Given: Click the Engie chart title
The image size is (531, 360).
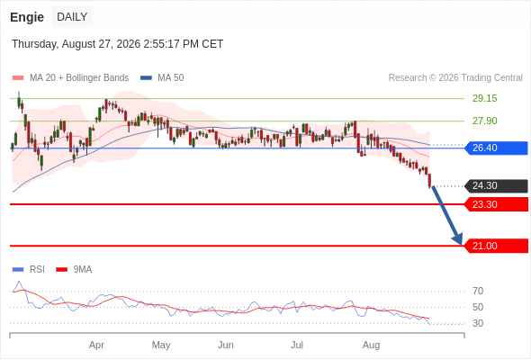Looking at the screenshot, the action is (x=27, y=17).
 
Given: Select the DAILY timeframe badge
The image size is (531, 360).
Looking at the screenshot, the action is (x=72, y=17).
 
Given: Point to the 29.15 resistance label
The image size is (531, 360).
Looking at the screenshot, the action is (x=484, y=99).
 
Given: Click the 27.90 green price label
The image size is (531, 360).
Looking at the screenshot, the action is (x=484, y=121).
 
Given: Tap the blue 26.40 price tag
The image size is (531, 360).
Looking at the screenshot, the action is (x=496, y=148).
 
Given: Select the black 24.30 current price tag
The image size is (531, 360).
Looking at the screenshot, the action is (x=496, y=186).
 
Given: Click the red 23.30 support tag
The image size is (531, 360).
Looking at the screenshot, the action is (x=496, y=204).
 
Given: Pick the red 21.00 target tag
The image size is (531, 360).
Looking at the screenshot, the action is (x=496, y=246).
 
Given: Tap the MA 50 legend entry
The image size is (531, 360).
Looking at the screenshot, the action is (x=162, y=78).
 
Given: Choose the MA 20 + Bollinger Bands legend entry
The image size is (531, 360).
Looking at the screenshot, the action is (x=70, y=78).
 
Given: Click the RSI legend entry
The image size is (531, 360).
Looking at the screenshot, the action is (x=29, y=270).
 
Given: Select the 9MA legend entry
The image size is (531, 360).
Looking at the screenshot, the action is (x=74, y=270).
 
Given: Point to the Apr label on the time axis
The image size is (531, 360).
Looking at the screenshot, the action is (x=96, y=345).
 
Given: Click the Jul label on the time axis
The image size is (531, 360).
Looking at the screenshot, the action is (x=297, y=345).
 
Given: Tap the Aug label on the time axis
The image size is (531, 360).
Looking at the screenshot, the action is (x=371, y=345).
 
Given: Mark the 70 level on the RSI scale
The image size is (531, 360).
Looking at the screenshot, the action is (x=478, y=291).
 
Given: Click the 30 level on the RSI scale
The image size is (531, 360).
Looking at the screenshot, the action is (x=478, y=323).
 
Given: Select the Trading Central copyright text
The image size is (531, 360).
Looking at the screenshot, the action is (x=455, y=78).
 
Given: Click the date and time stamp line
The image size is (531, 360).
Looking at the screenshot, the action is (x=118, y=44).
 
